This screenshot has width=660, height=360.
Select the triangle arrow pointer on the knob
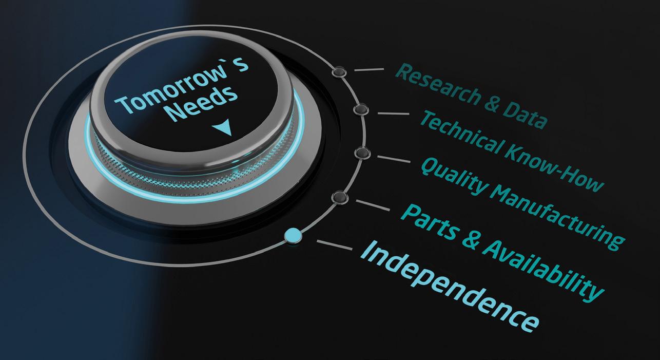tap(224, 128)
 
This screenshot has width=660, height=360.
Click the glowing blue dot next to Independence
tap(293, 235)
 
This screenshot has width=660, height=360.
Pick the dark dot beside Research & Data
tap(339, 72)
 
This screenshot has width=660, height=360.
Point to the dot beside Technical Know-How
tap(361, 109)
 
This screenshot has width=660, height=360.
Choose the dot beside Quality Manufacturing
tap(362, 153)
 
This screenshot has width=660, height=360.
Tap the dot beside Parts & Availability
tap(339, 197)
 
